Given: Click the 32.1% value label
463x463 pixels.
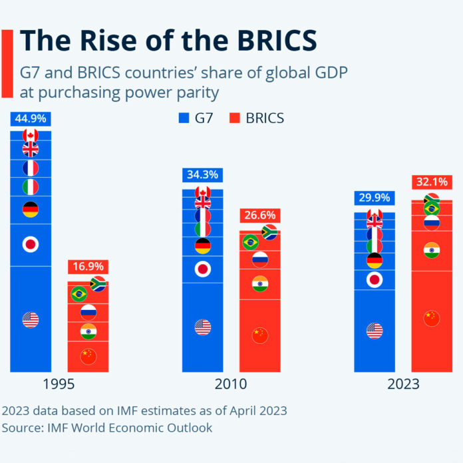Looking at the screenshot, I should point(432,181).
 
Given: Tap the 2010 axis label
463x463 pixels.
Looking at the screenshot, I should point(231,385).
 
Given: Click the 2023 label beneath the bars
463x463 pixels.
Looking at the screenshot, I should point(403,385).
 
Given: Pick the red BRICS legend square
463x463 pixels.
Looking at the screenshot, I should point(233,118).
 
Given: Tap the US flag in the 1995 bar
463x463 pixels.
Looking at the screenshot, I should point(30,320).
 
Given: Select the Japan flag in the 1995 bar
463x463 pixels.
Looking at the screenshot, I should point(30,245).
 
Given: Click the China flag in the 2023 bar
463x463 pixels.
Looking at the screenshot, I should point(432,319).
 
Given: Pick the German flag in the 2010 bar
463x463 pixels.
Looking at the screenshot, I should point(203,246).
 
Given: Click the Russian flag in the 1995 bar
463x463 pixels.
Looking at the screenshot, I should point(88,311).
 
